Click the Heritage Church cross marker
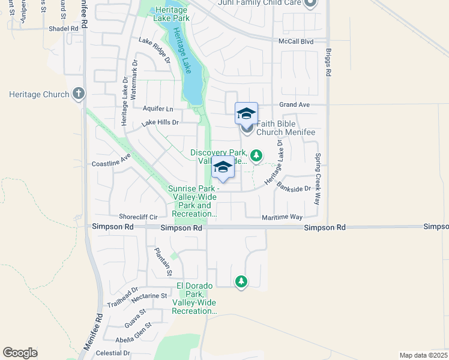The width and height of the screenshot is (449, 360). point(79,94)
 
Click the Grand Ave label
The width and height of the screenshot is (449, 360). point(295,104)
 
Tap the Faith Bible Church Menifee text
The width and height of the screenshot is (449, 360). point(285,127)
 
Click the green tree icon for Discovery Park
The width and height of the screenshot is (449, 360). point(257,156)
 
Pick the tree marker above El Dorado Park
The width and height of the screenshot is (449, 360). point(241,281)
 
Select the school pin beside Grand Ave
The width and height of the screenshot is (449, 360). point(246,113)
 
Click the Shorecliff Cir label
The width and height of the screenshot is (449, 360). point(138,217)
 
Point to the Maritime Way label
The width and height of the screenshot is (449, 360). point(282,217)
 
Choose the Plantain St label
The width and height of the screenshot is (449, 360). point(163,262)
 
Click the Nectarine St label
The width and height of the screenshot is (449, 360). point(146,296)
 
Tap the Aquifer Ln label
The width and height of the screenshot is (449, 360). point(158,109)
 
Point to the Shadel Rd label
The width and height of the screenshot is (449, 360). point(64,28)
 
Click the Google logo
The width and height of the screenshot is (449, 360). point(20,353)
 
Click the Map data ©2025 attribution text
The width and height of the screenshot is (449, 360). point(423,355)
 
